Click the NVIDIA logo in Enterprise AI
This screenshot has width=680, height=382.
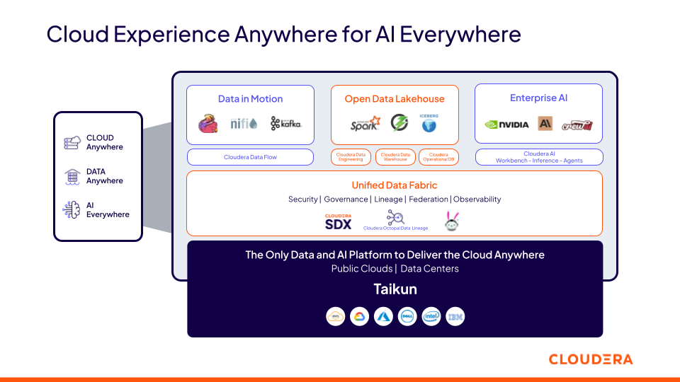506,125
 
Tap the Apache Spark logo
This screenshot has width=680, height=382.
365,125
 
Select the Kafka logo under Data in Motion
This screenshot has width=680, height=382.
286,124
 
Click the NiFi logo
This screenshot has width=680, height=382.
244,124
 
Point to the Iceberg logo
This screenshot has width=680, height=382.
429,124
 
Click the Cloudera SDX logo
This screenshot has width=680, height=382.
338,222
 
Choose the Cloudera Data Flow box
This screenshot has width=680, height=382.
250,157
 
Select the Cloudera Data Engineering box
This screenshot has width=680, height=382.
351,157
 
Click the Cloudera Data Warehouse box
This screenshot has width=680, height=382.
395,157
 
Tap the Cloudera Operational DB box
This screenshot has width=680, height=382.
438,157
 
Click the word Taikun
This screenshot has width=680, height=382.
395,289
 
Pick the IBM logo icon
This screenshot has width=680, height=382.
455,317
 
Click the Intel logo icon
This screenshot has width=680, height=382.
431,317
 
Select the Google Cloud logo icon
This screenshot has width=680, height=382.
359,317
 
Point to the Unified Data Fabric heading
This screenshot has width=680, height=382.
395,185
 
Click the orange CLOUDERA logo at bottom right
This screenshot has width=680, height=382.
591,359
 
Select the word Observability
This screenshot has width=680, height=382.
477,199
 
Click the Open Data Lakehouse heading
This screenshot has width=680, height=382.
395,99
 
